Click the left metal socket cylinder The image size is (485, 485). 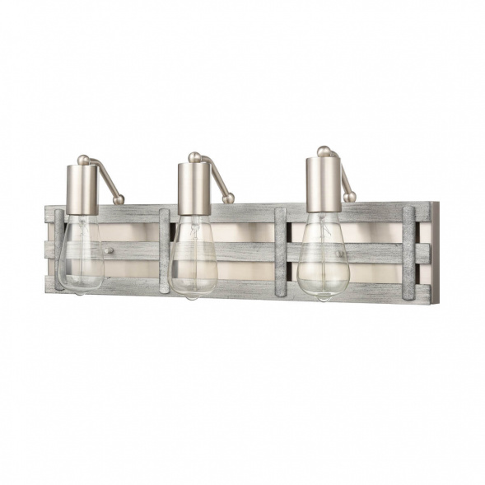coord(82,189)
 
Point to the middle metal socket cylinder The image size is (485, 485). coord(194,189)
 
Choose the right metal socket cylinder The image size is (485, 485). coord(323,186)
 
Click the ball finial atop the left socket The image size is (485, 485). coord(83,160)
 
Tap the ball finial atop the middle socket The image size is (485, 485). coord(194,156)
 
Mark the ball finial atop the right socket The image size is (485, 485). coord(324,151)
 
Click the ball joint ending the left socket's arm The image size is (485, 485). coord(119,199)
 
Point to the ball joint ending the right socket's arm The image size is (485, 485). coord(350,197)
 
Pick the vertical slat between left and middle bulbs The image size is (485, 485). coord(164,251)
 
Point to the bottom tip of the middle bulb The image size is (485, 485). coord(191,296)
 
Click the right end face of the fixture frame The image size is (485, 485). coord(435,251)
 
